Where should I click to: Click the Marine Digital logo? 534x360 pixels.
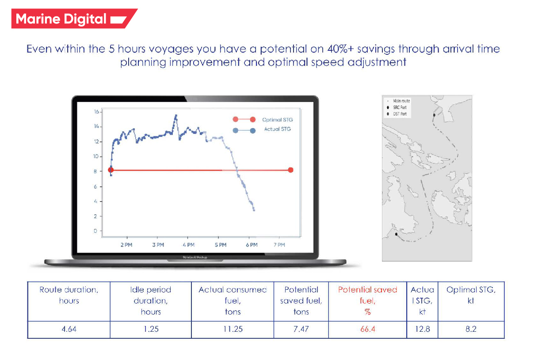pyautogui.click(x=71, y=19)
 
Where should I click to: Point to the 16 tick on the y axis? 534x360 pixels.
pyautogui.click(x=96, y=112)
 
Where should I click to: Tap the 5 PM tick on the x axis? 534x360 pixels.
pyautogui.click(x=220, y=244)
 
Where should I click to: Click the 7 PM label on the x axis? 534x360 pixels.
pyautogui.click(x=279, y=244)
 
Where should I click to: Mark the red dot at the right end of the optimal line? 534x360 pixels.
pyautogui.click(x=290, y=170)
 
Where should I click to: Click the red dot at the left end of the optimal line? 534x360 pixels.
pyautogui.click(x=111, y=170)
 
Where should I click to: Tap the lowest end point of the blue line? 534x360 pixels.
pyautogui.click(x=254, y=210)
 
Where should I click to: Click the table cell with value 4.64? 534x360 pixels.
pyautogui.click(x=69, y=330)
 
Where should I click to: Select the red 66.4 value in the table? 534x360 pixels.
pyautogui.click(x=367, y=330)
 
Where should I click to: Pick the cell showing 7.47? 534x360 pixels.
pyautogui.click(x=301, y=330)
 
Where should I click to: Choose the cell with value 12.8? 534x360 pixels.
pyautogui.click(x=422, y=330)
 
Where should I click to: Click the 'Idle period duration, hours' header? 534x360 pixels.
pyautogui.click(x=150, y=301)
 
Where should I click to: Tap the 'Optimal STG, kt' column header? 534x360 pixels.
pyautogui.click(x=470, y=295)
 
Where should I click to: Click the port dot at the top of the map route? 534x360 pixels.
pyautogui.click(x=434, y=115)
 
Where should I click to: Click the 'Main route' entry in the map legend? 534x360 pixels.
pyautogui.click(x=401, y=101)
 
